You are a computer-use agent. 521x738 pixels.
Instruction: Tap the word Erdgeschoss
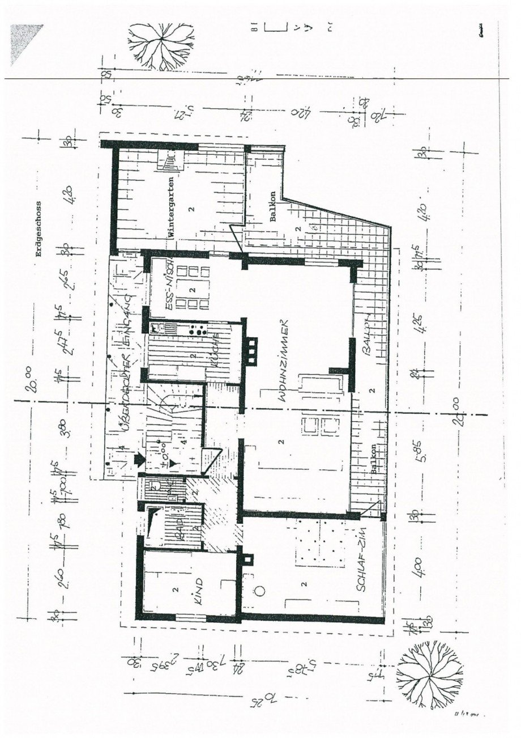[39, 229]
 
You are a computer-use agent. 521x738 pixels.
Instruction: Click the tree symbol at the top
[162, 45]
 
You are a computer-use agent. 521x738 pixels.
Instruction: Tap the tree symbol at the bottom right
[430, 675]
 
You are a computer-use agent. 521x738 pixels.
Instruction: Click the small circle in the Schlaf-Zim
[259, 591]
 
